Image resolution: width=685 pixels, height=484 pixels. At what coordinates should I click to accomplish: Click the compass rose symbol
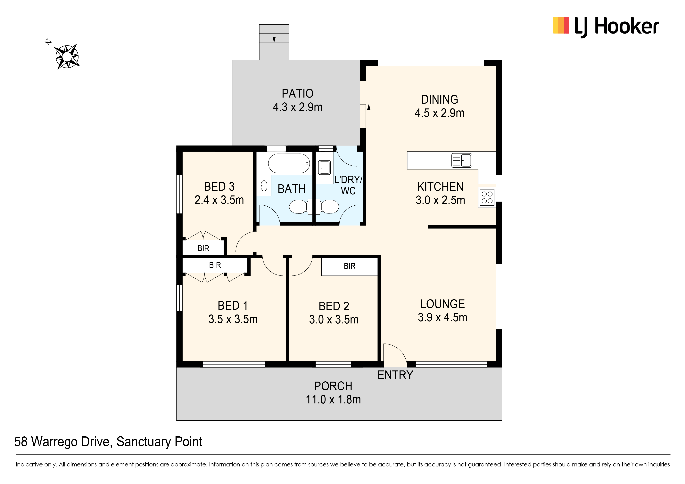tap(67, 57)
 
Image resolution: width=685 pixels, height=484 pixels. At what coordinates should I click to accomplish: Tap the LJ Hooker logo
tap(606, 27)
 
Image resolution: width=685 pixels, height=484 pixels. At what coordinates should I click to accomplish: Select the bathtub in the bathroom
tap(289, 163)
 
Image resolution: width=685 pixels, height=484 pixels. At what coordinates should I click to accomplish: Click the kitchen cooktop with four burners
tap(487, 197)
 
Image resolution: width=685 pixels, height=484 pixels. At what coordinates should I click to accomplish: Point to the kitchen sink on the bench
tap(462, 160)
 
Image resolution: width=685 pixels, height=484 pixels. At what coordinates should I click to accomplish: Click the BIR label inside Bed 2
tap(350, 266)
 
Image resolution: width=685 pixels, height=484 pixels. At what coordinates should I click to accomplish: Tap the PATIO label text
tap(297, 94)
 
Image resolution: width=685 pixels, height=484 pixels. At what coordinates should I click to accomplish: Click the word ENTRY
tap(395, 375)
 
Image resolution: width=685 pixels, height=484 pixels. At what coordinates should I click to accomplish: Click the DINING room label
tap(440, 99)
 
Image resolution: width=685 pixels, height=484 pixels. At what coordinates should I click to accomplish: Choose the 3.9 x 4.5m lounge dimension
tap(442, 317)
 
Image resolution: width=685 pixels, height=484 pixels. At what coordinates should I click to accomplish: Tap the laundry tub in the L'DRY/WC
tap(324, 168)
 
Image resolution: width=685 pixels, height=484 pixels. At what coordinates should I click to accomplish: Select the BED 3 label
tap(219, 186)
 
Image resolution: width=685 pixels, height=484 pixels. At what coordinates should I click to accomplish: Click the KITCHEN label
tap(440, 187)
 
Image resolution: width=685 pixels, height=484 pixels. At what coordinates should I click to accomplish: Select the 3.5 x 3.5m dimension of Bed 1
tap(233, 319)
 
